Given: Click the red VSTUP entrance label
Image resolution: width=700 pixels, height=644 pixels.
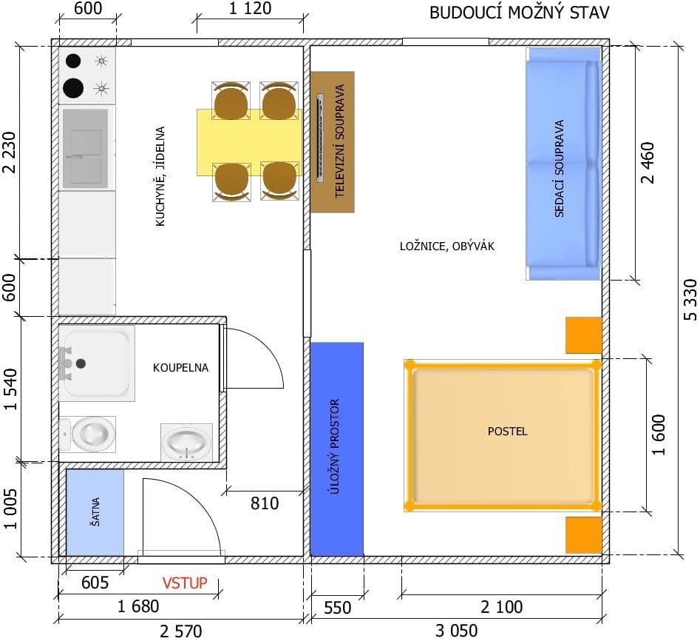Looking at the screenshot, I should [x=185, y=583].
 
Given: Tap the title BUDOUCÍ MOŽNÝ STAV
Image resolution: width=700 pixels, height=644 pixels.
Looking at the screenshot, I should [x=520, y=13].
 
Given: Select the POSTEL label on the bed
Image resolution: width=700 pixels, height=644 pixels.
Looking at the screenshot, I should [x=508, y=431].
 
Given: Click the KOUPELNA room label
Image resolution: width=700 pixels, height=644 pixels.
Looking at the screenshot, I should [x=180, y=367].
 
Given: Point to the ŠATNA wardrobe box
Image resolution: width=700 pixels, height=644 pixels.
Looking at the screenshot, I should [x=95, y=511].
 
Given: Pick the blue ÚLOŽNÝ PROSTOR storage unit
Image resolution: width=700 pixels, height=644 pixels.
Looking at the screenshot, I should [x=337, y=449].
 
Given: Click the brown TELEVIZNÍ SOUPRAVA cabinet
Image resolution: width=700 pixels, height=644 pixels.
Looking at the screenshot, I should [x=333, y=141].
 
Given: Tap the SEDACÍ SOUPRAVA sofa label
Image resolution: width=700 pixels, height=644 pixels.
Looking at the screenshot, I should [x=559, y=169].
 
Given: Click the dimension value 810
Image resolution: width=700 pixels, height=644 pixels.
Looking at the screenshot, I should [x=265, y=504].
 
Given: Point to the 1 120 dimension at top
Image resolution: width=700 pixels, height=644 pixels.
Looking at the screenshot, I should [x=251, y=9].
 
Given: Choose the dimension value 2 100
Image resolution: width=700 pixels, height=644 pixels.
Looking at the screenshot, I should [x=501, y=607].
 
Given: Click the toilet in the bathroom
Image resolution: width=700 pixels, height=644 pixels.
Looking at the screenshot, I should [x=89, y=434].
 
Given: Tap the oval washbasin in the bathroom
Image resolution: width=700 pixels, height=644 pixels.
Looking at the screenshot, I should [x=186, y=443].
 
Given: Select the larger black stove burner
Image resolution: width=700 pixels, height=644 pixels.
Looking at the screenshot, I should [x=74, y=88].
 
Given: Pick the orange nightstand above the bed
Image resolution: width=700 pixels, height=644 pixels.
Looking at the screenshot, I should [x=584, y=335].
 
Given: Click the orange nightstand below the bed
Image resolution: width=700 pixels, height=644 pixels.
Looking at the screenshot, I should [x=584, y=534].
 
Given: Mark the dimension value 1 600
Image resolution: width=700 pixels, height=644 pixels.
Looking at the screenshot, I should [x=660, y=435].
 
